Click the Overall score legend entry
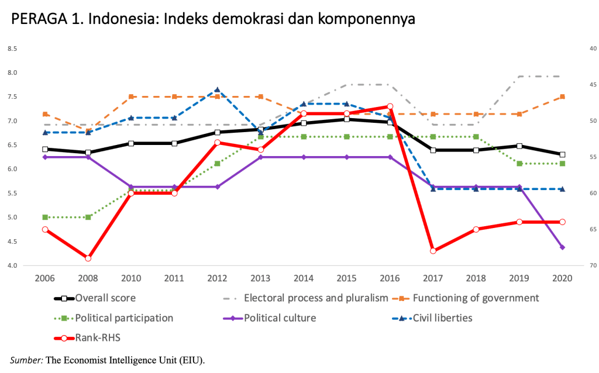106,298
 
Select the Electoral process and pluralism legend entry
316,298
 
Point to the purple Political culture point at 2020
563,247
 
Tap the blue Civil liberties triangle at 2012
217,91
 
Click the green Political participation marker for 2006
45,217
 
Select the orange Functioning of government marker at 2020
563,96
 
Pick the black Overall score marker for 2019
519,146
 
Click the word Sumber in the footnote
24,358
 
